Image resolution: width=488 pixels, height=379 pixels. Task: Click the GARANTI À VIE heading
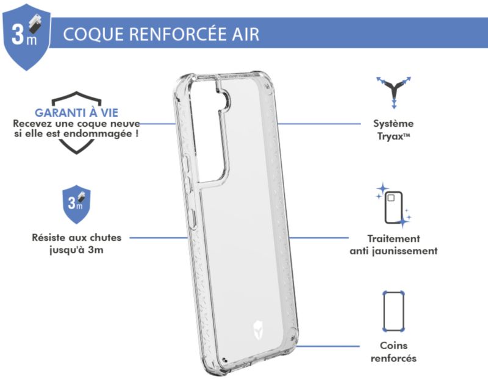pos(76,113)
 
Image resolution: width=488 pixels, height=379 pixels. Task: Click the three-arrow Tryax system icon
pos(393,91)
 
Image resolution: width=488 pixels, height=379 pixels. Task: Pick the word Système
pos(393,123)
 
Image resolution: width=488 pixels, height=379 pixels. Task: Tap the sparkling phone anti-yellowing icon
pos(393,204)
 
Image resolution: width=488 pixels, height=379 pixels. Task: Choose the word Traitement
pos(393,238)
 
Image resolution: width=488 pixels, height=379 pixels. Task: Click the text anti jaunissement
pos(393,250)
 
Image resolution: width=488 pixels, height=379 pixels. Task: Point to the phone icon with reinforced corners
pos(393,311)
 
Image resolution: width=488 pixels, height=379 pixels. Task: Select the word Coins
pos(393,345)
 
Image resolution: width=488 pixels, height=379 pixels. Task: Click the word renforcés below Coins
pos(393,358)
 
